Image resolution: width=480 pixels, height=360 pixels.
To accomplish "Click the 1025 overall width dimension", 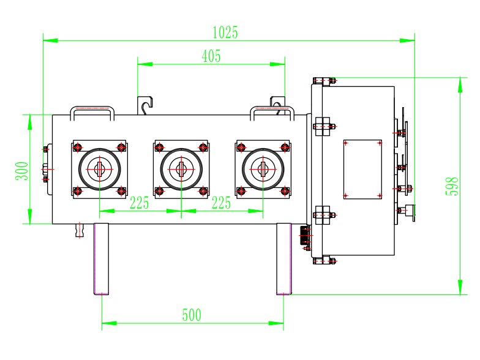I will (225, 32).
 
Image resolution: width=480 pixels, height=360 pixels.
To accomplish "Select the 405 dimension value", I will (211, 56).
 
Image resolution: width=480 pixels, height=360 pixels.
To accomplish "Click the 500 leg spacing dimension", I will (192, 315).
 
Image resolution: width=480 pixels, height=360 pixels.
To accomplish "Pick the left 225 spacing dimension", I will (140, 203).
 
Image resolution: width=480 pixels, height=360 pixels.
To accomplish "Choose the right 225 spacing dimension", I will (221, 203).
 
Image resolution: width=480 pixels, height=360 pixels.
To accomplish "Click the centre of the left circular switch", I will (100, 168).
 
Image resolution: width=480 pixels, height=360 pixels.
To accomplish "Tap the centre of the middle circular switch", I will (181, 168).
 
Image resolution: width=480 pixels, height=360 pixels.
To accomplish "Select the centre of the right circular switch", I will (263, 168).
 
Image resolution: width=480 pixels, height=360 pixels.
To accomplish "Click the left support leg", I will (102, 258).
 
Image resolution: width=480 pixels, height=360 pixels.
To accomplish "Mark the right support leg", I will (283, 258).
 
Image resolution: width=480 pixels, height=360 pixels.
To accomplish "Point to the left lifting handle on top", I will (92, 111).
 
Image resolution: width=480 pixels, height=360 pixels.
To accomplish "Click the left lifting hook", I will (144, 106).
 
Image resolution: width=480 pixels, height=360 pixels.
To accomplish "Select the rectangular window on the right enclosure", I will (362, 168).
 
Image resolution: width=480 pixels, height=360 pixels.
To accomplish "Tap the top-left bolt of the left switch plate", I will (78, 147).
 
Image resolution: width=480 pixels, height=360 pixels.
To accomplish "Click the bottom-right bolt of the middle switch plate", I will (203, 190).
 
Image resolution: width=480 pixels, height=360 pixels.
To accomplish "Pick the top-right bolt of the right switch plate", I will (285, 147).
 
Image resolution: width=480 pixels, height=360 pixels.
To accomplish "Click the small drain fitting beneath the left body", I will (78, 230).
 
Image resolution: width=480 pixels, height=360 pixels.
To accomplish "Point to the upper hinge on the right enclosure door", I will (323, 126).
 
